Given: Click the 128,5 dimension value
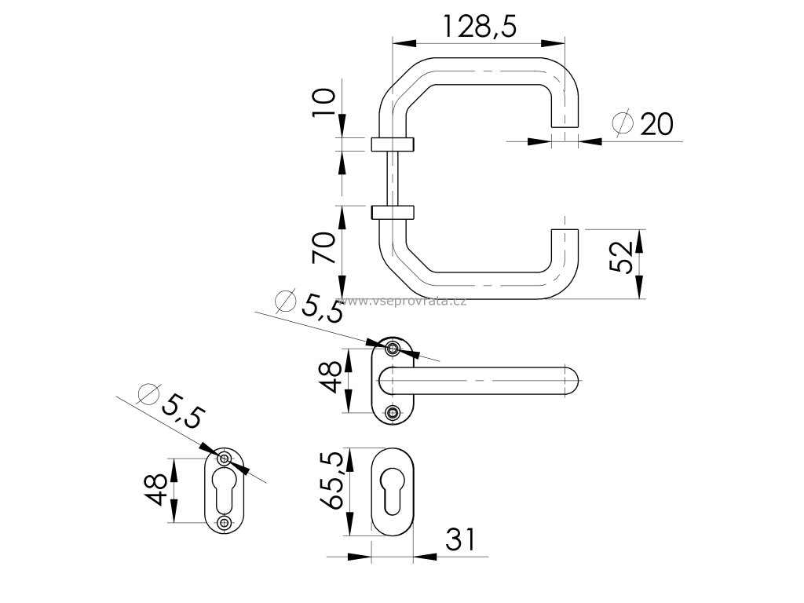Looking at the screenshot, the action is (478, 27).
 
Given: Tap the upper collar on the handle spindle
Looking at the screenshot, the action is (391, 144).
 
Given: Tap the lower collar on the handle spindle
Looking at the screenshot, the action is (391, 211).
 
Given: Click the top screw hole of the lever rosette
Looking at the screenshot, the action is (393, 348).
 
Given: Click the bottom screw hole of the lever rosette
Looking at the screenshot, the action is (393, 413).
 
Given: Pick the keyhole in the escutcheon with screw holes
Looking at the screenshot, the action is (225, 490).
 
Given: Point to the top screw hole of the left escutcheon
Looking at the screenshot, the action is (225, 459).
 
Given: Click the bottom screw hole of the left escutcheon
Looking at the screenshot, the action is (225, 522).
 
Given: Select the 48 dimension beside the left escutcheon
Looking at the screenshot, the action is (156, 489).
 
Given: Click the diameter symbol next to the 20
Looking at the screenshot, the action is (623, 123).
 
